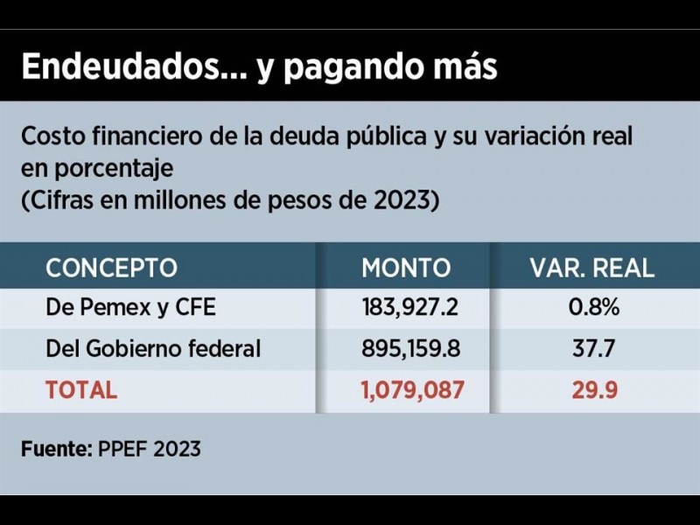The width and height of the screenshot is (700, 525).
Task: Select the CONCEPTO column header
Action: click(111, 268)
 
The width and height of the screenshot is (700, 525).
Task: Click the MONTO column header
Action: click(406, 268)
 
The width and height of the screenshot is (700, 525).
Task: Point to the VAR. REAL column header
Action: click(592, 268)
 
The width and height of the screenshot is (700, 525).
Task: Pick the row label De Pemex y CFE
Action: click(130, 308)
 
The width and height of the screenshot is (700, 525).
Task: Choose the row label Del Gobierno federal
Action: click(153, 348)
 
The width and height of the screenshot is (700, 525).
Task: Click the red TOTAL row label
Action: click(81, 389)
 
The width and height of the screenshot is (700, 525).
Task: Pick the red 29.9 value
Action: click(594, 389)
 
